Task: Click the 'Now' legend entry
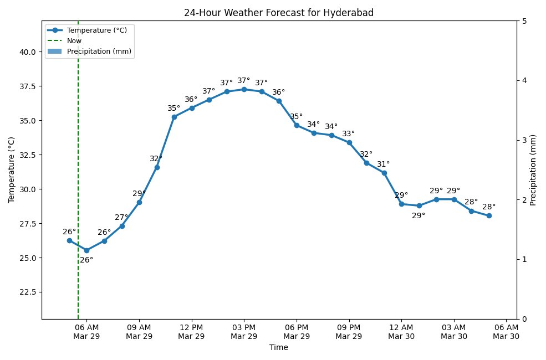[x=74, y=40]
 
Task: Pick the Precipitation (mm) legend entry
[x=100, y=51]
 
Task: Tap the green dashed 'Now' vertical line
[x=78, y=166]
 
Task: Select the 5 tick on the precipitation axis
[x=524, y=21]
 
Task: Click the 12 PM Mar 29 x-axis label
[x=192, y=332]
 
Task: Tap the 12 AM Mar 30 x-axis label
[x=401, y=332]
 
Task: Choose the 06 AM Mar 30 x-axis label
[x=506, y=332]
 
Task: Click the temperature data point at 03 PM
[x=244, y=89]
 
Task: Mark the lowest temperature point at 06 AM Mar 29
[x=86, y=250]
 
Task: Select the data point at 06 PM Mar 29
[x=297, y=125]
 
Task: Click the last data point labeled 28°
[x=489, y=215]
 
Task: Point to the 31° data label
[x=383, y=164]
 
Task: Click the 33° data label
[x=348, y=134]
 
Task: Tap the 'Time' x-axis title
[x=278, y=348]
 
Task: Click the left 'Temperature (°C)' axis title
[x=12, y=169]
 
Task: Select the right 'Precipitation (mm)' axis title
[x=534, y=169]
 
